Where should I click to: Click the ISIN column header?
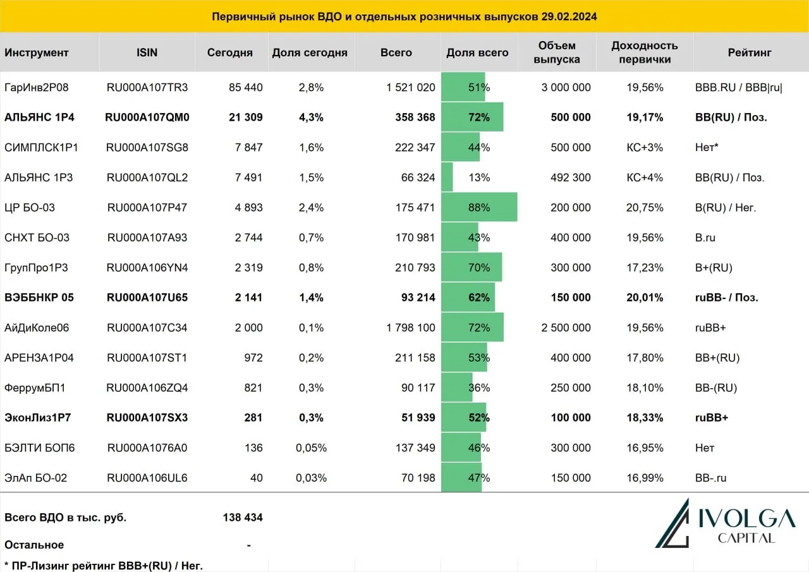click(147, 52)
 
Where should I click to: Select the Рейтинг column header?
click(750, 52)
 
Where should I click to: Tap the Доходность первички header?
click(645, 52)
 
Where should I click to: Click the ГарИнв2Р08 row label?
click(37, 87)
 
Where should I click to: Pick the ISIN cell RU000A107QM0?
click(147, 118)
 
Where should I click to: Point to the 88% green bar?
click(479, 207)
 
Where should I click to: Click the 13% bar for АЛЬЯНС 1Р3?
click(447, 177)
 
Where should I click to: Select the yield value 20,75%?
click(645, 208)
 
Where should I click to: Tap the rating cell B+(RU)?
click(714, 267)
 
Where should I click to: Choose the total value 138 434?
click(243, 518)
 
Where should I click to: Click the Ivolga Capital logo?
click(725, 523)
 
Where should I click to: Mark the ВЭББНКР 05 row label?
click(39, 298)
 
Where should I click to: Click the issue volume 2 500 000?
click(566, 327)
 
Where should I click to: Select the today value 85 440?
click(246, 87)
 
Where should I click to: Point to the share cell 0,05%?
click(311, 447)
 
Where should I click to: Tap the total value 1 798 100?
click(411, 327)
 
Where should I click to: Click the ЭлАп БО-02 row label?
click(36, 478)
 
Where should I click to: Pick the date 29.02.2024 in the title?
click(569, 16)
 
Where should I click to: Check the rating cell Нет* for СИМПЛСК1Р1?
click(707, 147)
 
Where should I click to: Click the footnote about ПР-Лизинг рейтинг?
click(104, 566)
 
